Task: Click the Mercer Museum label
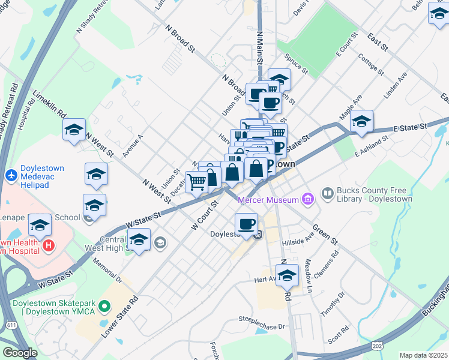point(268,200)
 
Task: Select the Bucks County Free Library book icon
point(328,193)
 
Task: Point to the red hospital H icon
point(49,245)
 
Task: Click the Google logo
point(20,352)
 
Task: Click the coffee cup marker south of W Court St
point(246,224)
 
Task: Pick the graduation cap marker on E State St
point(361,121)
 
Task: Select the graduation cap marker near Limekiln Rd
point(74,130)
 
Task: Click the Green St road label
point(326,235)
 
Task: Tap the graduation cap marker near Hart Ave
point(288,275)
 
